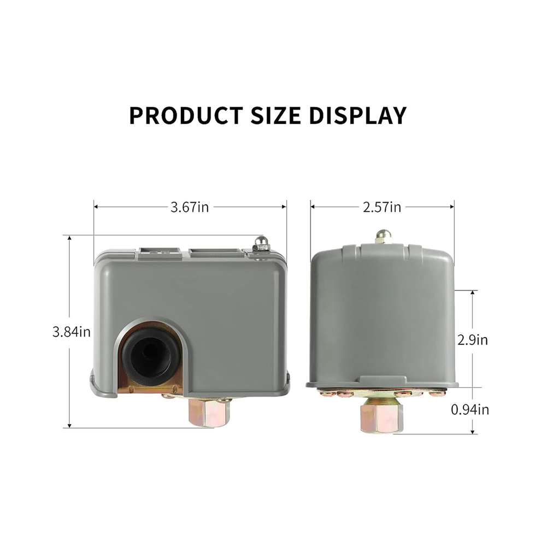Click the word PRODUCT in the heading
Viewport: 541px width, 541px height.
pyautogui.click(x=186, y=115)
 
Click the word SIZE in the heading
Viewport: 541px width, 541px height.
pyautogui.click(x=275, y=115)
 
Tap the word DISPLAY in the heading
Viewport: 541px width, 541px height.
pyautogui.click(x=358, y=115)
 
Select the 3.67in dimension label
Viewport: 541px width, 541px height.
pyautogui.click(x=190, y=207)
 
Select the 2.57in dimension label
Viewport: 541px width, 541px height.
pyautogui.click(x=382, y=207)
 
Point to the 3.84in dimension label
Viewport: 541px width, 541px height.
pyautogui.click(x=72, y=332)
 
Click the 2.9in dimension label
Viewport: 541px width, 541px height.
pyautogui.click(x=473, y=340)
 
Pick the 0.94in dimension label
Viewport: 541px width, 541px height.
pyautogui.click(x=470, y=409)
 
